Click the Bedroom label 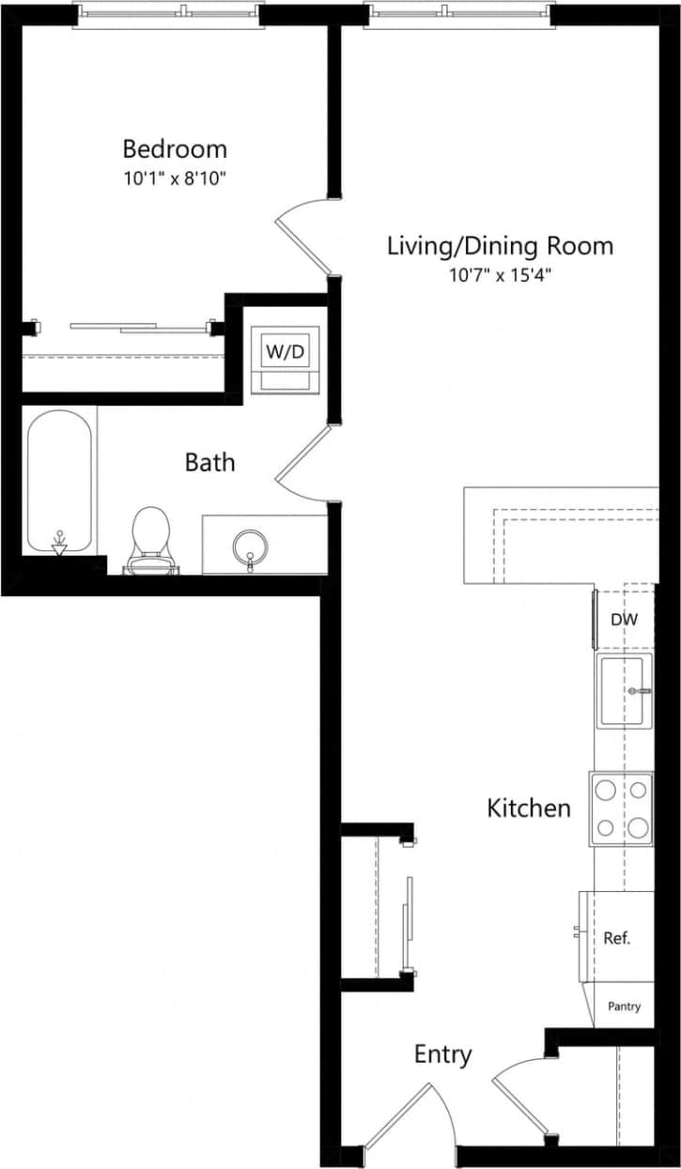pyautogui.click(x=175, y=148)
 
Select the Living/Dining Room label pyautogui.click(x=500, y=246)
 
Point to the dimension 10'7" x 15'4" pyautogui.click(x=500, y=275)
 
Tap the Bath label pyautogui.click(x=209, y=462)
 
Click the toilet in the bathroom pyautogui.click(x=148, y=540)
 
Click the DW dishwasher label pyautogui.click(x=624, y=620)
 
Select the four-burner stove pyautogui.click(x=622, y=808)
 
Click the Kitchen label pyautogui.click(x=529, y=808)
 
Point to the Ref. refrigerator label pyautogui.click(x=616, y=938)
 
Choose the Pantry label pyautogui.click(x=624, y=1007)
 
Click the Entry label pyautogui.click(x=442, y=1054)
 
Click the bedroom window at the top pyautogui.click(x=166, y=11)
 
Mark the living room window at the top pyautogui.click(x=458, y=11)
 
